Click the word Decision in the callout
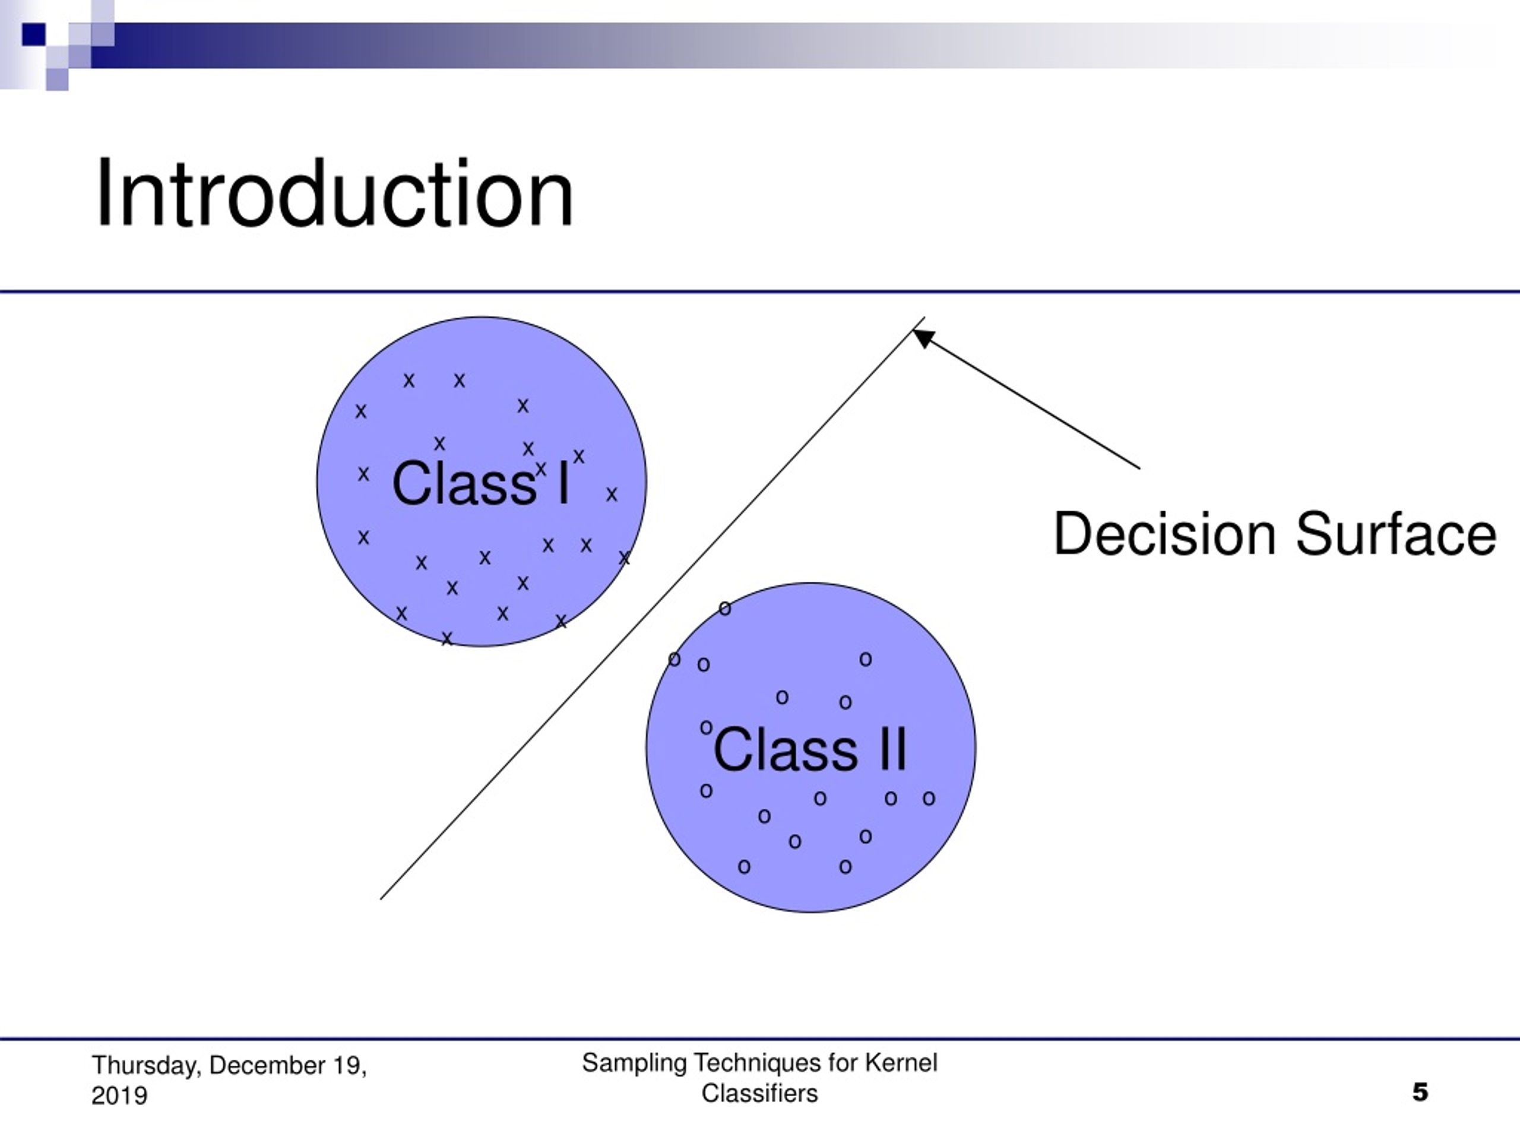coord(1165,533)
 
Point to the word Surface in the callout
coord(1396,533)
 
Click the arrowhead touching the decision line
coord(923,337)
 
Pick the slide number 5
coord(1420,1092)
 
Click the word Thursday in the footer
coord(147,1066)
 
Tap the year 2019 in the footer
coord(119,1095)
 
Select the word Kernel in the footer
coord(901,1063)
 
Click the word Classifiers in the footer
coord(759,1093)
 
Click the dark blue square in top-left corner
coord(34,34)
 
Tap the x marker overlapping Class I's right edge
coord(624,558)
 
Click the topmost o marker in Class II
coord(725,608)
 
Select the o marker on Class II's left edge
coord(674,659)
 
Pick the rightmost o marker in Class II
coord(929,799)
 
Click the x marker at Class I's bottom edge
coord(446,639)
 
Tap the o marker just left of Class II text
coord(706,727)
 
